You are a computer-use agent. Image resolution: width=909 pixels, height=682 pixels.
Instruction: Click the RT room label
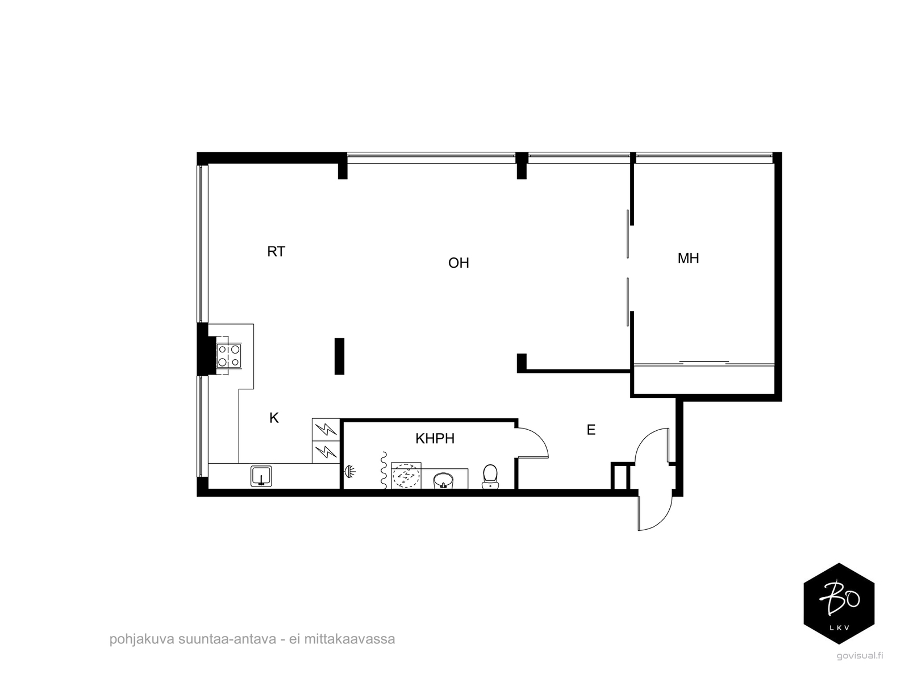276,251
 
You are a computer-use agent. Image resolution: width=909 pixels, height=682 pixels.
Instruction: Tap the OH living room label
458,263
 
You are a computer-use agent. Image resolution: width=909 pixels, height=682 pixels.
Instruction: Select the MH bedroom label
688,259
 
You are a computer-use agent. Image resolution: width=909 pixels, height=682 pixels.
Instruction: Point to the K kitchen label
274,418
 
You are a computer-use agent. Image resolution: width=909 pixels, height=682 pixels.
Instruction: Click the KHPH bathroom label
435,439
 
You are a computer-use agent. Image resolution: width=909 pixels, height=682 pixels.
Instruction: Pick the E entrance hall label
591,430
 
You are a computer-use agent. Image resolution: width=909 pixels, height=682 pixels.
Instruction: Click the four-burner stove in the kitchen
228,355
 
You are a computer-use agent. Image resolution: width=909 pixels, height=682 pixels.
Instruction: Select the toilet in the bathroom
490,476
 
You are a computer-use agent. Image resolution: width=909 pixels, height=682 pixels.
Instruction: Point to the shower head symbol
350,471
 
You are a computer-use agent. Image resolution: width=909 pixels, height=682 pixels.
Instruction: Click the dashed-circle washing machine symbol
406,476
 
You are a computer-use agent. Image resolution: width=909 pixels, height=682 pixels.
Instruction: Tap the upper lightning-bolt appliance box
326,430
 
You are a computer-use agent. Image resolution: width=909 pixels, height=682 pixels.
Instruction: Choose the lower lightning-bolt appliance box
326,452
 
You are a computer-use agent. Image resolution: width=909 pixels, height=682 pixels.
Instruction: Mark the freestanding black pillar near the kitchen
339,356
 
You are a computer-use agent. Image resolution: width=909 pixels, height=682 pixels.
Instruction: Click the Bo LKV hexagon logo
839,604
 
